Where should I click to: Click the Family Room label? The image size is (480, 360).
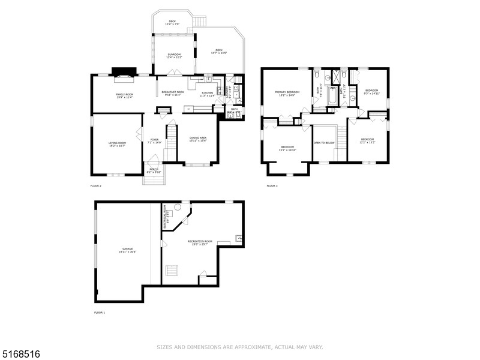pos(125,95)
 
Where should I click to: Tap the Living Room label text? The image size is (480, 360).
pos(117,144)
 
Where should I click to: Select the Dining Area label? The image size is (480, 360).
pos(198,139)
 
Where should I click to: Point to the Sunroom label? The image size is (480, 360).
pos(174,56)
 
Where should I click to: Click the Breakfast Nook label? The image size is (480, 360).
pos(173,93)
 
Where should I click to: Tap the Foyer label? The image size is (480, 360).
pos(156,141)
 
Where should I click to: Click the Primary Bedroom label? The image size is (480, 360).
pos(287,93)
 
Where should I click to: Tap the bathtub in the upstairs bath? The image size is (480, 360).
pos(330,104)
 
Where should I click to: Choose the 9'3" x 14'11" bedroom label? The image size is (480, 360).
pos(372,91)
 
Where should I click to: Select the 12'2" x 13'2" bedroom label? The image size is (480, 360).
pos(368,141)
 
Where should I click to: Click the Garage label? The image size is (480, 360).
pos(128,250)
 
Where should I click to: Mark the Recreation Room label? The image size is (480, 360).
pos(200,242)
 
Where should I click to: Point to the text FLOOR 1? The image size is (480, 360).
pos(99,313)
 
